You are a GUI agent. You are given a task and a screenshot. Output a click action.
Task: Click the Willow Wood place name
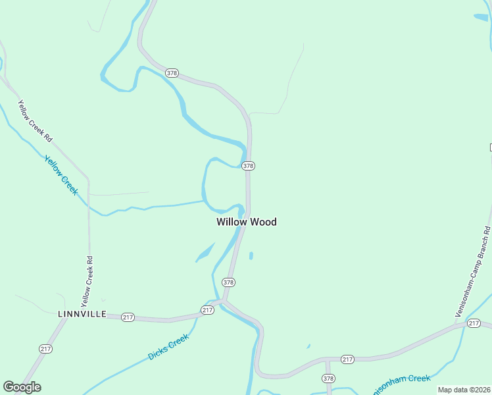pos(247,222)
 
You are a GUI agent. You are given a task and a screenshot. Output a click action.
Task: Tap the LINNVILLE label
pos(82,314)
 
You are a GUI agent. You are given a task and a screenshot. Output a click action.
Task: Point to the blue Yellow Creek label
pos(61,174)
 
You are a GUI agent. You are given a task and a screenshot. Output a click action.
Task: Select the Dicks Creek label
pos(168,347)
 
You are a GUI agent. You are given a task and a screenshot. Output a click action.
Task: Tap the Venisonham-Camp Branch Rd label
pos(474,272)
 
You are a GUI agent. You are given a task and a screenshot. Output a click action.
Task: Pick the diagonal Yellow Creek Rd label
pos(35,121)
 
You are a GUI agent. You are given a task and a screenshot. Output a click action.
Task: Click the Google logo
pos(22,387)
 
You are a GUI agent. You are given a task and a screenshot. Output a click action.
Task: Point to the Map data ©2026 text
pos(464,390)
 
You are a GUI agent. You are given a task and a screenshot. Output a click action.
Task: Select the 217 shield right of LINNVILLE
pos(128,317)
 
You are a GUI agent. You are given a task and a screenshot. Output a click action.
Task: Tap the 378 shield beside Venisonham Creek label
pos(329,379)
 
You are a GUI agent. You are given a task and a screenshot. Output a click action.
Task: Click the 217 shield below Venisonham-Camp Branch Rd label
pos(474,323)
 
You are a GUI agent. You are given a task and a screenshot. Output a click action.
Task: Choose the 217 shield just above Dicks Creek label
pos(208,309)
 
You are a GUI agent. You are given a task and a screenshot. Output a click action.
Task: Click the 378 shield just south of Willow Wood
pos(228,282)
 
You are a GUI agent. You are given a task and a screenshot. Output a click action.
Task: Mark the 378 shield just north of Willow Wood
pos(247,166)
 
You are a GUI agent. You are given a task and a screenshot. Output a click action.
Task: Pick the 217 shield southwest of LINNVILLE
pos(45,349)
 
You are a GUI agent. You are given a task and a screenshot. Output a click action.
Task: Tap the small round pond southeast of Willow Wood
pos(251,255)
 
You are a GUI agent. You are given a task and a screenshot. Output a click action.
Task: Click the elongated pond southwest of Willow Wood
pos(205,252)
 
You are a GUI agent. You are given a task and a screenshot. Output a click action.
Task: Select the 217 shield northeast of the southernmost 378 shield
pos(348,359)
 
